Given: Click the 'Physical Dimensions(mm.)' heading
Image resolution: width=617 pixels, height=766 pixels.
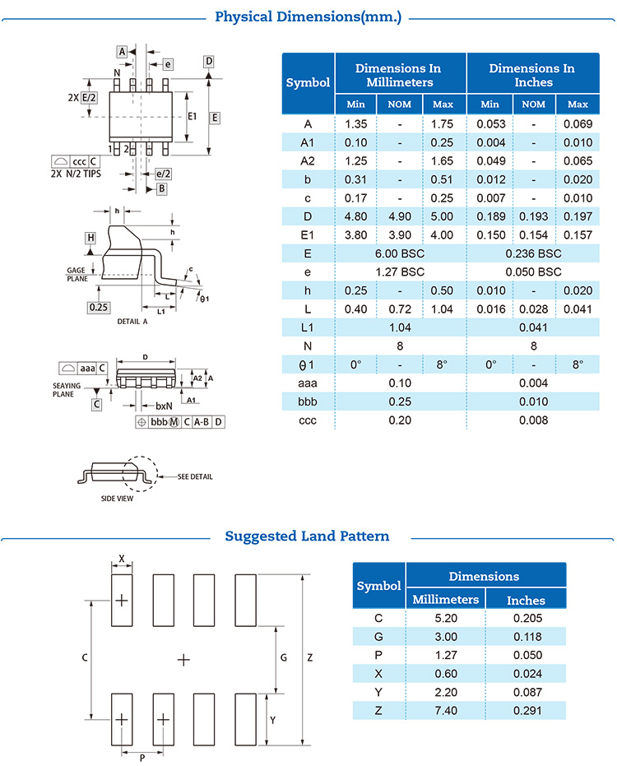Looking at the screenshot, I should [x=308, y=16].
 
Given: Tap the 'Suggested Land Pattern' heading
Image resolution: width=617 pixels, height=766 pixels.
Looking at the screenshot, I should [x=307, y=536].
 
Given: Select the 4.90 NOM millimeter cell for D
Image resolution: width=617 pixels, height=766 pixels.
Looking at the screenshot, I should [x=399, y=217].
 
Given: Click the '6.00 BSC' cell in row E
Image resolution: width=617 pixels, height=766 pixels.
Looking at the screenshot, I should [x=399, y=253].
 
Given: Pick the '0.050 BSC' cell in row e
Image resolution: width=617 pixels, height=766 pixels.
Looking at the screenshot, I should [x=533, y=272].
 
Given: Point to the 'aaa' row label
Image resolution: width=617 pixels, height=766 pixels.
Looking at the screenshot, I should [x=308, y=383].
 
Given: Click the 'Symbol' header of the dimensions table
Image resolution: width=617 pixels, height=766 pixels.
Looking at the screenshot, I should [x=308, y=82].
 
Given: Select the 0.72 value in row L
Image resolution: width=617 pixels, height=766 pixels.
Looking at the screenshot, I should [x=399, y=309].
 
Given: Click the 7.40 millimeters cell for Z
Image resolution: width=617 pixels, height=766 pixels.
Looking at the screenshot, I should [x=445, y=710].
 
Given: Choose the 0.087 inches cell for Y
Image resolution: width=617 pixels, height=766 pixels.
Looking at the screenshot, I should [x=526, y=692].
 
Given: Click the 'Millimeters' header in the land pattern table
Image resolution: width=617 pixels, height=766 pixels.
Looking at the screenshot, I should [x=445, y=600].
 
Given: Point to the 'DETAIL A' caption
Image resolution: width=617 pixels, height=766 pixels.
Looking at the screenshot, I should [x=132, y=322].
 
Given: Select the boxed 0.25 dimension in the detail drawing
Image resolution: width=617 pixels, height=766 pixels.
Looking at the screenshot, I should [x=99, y=307].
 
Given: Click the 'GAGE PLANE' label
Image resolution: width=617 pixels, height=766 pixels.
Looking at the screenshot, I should [x=77, y=274].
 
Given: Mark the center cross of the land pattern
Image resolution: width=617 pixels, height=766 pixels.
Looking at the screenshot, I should [x=183, y=659].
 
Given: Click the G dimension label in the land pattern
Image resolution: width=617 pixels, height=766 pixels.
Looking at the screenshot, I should [x=283, y=658].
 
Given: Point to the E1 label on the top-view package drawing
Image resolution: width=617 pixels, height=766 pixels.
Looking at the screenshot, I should [x=192, y=115].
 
